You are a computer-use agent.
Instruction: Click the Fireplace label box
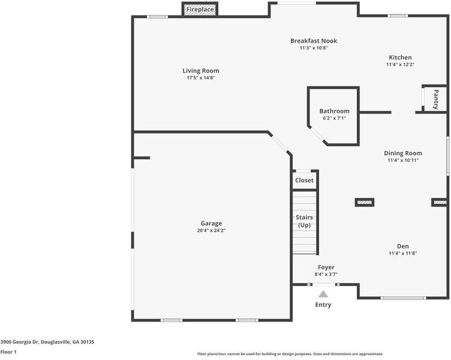(x=200, y=10)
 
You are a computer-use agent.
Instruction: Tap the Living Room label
(x=201, y=71)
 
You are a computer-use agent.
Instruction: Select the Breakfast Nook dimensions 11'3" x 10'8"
(x=314, y=48)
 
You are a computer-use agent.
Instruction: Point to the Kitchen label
(x=399, y=58)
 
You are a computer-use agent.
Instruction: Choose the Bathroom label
(x=334, y=111)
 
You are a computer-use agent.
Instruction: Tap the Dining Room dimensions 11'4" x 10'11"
(x=403, y=160)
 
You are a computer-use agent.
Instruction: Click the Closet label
(x=304, y=180)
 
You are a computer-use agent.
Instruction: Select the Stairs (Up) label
(x=304, y=221)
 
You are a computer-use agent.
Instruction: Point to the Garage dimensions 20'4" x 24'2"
(x=211, y=230)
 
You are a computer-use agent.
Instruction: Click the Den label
(x=403, y=246)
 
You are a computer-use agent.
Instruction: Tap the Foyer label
(x=326, y=267)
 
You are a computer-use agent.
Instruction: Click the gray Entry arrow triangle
(x=323, y=294)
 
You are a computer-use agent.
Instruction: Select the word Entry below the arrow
(x=323, y=305)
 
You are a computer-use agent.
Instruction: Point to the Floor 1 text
(x=8, y=352)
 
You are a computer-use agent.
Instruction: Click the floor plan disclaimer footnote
(x=290, y=354)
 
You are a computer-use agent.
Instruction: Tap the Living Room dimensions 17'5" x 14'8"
(x=201, y=78)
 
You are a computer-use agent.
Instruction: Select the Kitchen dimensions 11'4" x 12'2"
(x=400, y=64)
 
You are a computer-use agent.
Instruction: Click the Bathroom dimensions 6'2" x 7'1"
(x=334, y=118)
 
